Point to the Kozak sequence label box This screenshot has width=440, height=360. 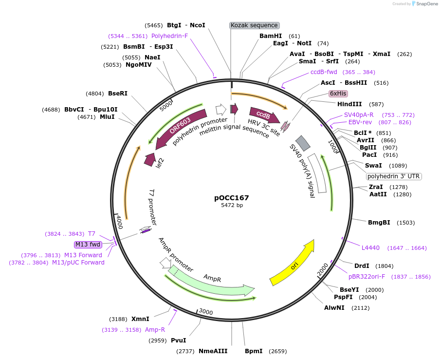pyautogui.click(x=254, y=25)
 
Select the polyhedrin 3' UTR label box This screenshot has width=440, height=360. pyautogui.click(x=394, y=176)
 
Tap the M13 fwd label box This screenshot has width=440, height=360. pyautogui.click(x=88, y=244)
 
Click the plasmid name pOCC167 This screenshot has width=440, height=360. pyautogui.click(x=232, y=198)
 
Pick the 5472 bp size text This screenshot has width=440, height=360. pyautogui.click(x=232, y=206)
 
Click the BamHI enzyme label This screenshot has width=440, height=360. pyautogui.click(x=271, y=36)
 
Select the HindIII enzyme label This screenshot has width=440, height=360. pyautogui.click(x=349, y=104)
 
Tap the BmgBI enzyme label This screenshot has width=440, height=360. pyautogui.click(x=379, y=223)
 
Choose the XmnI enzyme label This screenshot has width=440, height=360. pyautogui.click(x=140, y=319)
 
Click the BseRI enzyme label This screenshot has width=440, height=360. pyautogui.click(x=118, y=94)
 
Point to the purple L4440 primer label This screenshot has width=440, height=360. pyautogui.click(x=370, y=248)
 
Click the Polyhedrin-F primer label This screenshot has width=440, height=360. pyautogui.click(x=169, y=36)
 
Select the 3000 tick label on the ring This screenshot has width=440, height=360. pyautogui.click(x=206, y=312)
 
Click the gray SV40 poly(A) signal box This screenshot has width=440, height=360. pyautogui.click(x=303, y=143)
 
